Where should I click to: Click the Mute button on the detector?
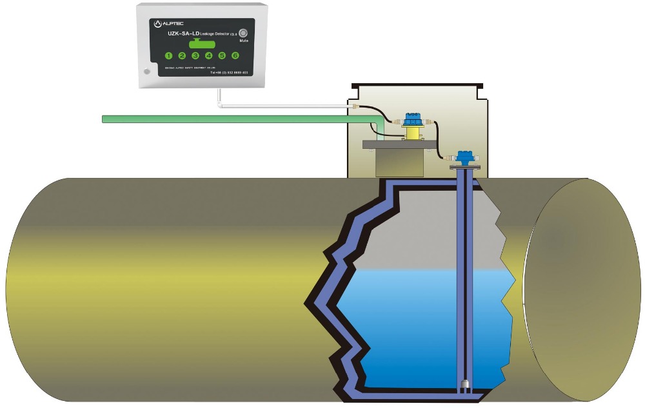pos(243,34)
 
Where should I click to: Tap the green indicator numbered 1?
pos(169,55)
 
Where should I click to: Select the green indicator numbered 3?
pos(195,55)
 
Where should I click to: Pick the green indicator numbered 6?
pos(235,55)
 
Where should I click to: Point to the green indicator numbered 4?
pos(208,55)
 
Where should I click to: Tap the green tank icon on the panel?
pos(201,44)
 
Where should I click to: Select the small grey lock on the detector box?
pos(147,72)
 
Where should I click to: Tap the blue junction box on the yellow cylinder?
pos(412,119)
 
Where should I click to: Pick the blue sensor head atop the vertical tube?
pos(464,157)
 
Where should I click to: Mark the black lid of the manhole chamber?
pos(417,85)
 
